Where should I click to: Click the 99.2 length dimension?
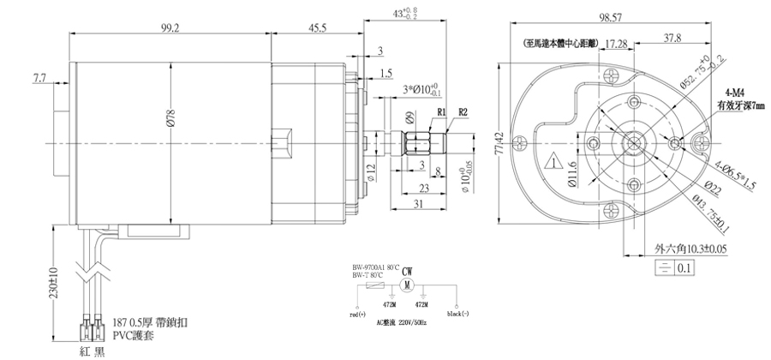pyautogui.click(x=170, y=28)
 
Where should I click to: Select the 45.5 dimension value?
pyautogui.click(x=317, y=28)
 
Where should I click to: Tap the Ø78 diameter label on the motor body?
pyautogui.click(x=171, y=123)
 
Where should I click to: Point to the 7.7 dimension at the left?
pyautogui.click(x=40, y=78)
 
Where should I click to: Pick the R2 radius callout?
pyautogui.click(x=463, y=111)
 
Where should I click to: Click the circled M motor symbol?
pyautogui.click(x=408, y=284)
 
